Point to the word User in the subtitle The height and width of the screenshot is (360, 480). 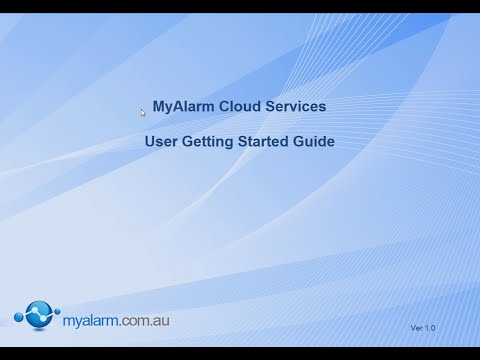[x=162, y=142]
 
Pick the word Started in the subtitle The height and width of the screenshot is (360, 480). [x=265, y=142]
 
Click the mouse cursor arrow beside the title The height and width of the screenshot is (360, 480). [x=144, y=112]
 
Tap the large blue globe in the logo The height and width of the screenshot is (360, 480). [x=37, y=315]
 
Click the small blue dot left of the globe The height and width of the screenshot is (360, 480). [x=18, y=319]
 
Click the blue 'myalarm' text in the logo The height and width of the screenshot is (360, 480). [x=91, y=319]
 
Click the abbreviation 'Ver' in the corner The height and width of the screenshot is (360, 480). [x=417, y=328]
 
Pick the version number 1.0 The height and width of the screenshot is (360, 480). [x=431, y=328]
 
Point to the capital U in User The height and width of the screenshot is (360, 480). [x=151, y=142]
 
